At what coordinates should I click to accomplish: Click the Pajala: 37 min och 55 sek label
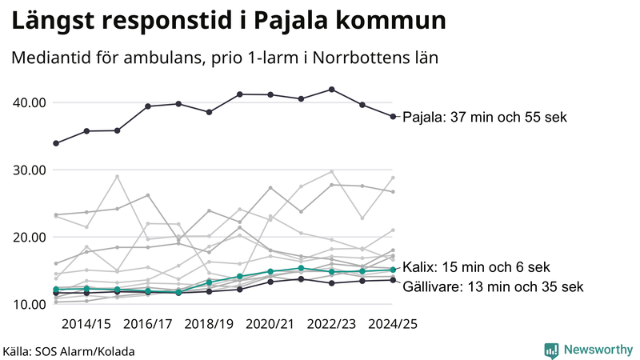484,118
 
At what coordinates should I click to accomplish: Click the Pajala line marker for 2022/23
332,90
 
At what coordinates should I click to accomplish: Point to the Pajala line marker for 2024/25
393,117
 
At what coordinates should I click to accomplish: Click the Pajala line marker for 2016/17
148,106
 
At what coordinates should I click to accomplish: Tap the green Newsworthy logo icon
551,350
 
